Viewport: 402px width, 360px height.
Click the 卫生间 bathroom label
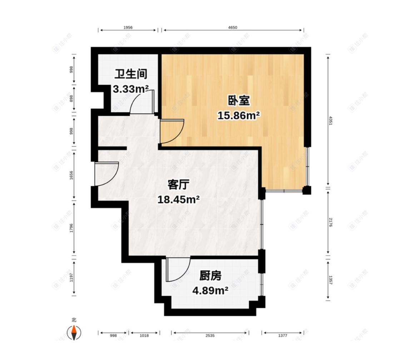tap(131, 74)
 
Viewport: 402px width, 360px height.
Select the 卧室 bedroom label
tap(239, 101)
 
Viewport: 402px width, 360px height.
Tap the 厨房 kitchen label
tap(210, 276)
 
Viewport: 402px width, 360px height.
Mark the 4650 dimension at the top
tap(233, 27)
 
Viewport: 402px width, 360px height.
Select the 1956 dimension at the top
tap(128, 27)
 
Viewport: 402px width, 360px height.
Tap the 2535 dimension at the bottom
tap(210, 335)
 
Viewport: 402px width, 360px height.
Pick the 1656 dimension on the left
tap(71, 175)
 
